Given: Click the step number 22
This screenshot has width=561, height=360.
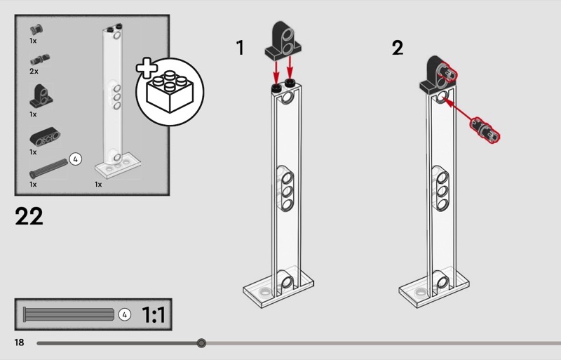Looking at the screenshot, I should click(x=29, y=215).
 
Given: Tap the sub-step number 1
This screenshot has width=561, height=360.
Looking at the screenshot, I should click(x=241, y=48).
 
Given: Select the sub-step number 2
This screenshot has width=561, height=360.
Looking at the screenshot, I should click(x=398, y=48).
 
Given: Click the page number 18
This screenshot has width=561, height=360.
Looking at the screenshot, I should click(x=19, y=342).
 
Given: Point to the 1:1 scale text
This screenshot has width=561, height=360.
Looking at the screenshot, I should click(x=153, y=315).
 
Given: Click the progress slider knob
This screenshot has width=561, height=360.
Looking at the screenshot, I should click(x=202, y=343).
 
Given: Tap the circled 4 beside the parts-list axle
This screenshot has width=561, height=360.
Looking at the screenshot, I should click(x=76, y=159).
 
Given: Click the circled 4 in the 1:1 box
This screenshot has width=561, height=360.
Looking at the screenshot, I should click(x=125, y=315).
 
